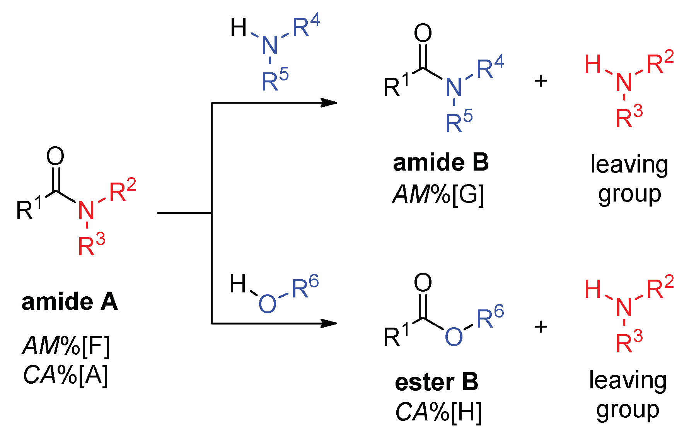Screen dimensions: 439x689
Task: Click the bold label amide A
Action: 70,302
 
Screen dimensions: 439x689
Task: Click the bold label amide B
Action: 441,162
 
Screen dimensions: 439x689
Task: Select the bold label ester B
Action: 437,382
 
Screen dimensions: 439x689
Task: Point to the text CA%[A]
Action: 66,375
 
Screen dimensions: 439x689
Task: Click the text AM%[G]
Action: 438,194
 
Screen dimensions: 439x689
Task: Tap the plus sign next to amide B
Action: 541,81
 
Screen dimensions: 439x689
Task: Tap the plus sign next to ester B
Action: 541,327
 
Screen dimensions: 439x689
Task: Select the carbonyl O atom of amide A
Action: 55,156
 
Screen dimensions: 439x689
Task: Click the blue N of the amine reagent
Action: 270,46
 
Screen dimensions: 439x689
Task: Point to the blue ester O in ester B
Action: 454,336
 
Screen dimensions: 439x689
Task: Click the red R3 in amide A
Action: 91,244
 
